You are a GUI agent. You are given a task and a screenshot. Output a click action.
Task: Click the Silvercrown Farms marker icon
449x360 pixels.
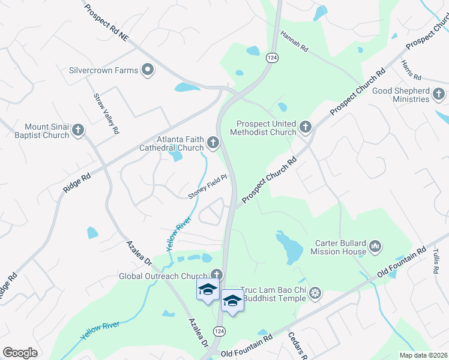pos(147,70)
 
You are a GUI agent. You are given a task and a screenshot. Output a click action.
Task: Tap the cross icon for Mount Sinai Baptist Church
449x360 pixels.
pos(77,130)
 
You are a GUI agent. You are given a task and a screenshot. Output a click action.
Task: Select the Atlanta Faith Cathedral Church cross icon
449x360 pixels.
pos(212,143)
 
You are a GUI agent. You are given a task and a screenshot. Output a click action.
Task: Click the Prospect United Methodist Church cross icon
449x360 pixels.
pos(306,127)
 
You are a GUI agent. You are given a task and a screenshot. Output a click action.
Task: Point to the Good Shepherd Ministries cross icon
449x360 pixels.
pos(439,94)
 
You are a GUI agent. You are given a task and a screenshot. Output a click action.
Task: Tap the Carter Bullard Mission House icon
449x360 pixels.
pos(375,246)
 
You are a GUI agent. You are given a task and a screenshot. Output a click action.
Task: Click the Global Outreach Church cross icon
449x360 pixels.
pos(215,275)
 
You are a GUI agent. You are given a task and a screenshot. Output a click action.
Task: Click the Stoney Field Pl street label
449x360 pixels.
pos(207,187)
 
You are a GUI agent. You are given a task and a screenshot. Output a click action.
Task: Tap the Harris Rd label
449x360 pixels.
pos(412,71)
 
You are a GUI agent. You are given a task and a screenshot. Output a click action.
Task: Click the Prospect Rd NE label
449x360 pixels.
pos(107,23)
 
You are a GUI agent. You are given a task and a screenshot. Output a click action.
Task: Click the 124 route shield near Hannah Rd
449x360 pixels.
pos(272,58)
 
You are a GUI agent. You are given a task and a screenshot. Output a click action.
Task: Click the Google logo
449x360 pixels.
pos(20,353)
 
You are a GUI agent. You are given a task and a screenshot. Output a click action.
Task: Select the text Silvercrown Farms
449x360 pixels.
pos(103,70)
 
